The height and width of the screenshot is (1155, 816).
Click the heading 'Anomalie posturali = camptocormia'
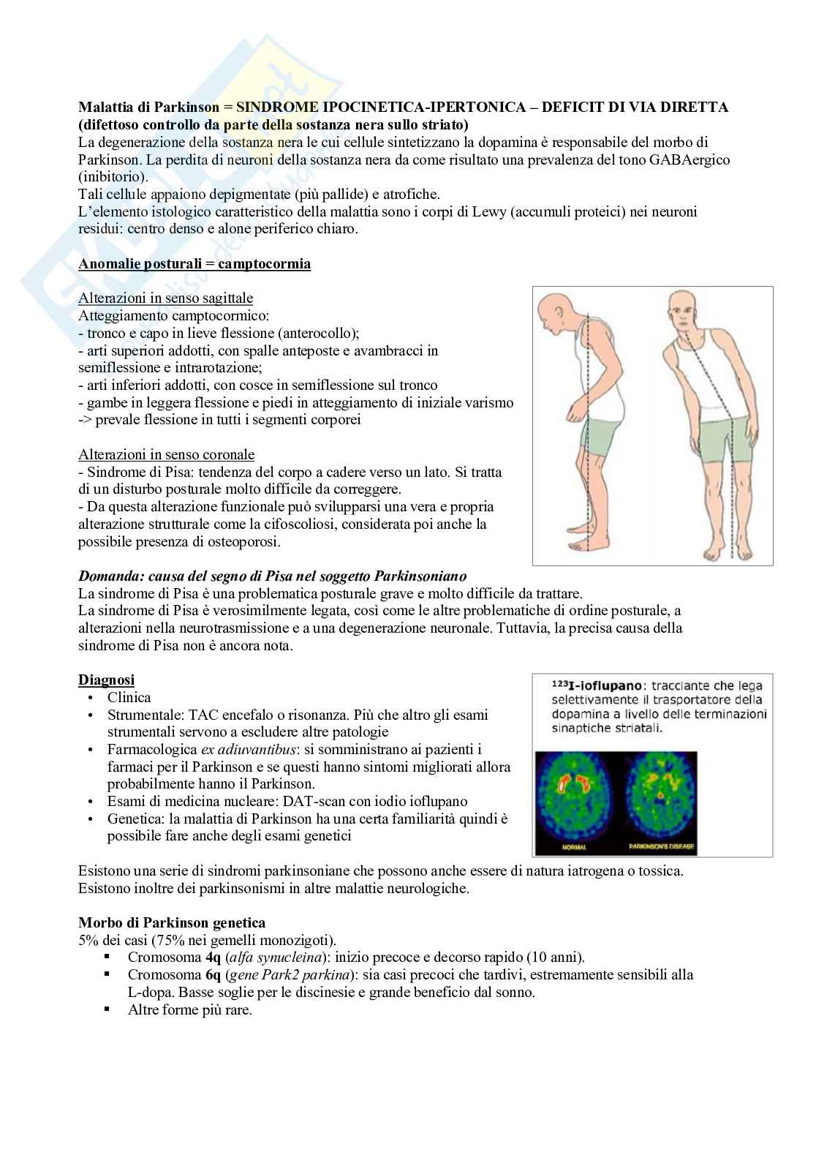click(194, 264)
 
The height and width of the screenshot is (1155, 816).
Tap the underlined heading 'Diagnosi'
click(106, 680)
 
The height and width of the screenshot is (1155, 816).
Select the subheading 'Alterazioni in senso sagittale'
click(165, 298)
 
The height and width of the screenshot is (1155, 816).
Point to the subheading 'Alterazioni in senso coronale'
click(166, 455)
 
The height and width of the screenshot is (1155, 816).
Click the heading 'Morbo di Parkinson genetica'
click(171, 923)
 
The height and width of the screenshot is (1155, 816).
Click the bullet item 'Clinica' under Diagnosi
click(129, 698)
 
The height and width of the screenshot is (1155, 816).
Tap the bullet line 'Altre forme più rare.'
click(189, 1010)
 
